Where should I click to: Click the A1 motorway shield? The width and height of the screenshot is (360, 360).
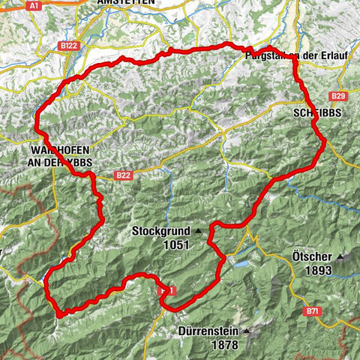34,4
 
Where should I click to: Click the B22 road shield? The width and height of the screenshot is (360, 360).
124,175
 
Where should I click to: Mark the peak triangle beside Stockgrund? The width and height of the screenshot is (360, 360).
198,232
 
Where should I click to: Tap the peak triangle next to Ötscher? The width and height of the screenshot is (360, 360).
343,257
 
